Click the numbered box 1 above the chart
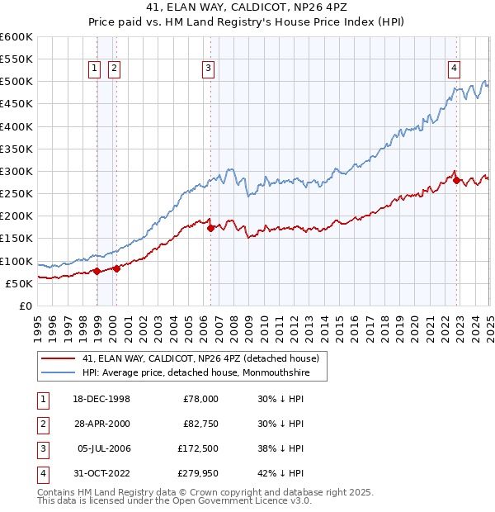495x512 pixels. coord(96,69)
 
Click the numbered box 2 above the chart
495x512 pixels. coord(114,69)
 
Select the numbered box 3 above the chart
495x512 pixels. coord(209,69)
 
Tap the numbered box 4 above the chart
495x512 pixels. coord(455,69)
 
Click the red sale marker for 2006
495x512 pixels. coord(210,228)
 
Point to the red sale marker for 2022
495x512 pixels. coord(456,180)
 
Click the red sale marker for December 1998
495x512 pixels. coord(97,270)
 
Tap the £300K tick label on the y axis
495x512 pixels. coord(16,171)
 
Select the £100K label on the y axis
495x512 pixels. coord(16,261)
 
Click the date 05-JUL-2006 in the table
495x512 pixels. coord(103,448)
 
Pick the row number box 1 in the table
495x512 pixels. coord(40,399)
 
